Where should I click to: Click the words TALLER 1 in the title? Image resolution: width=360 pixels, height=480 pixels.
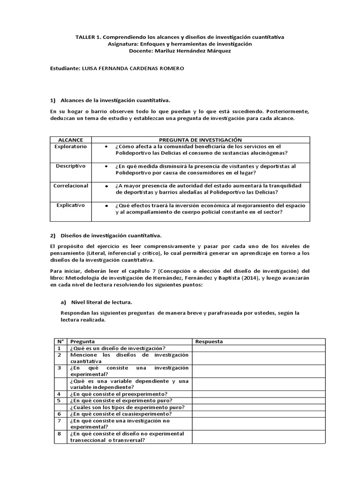point(87,36)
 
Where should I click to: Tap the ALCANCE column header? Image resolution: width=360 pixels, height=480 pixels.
point(70,140)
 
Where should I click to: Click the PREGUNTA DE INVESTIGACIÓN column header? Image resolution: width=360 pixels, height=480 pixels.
point(200,140)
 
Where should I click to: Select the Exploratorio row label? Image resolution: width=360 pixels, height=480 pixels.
point(70,147)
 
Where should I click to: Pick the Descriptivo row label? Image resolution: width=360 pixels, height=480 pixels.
point(70,166)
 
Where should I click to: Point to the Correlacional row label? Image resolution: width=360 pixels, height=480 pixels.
point(70,186)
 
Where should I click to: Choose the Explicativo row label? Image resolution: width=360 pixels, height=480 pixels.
point(70,205)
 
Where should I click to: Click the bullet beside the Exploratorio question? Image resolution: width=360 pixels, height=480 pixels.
point(107,147)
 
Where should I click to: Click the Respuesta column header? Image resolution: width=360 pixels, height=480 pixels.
point(209,341)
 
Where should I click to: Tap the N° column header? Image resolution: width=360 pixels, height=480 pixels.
point(60,341)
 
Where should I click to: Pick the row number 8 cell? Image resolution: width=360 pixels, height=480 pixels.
point(60,434)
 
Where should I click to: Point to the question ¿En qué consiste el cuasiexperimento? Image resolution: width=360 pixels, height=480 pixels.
point(120,414)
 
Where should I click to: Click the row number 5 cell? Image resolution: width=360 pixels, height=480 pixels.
point(60,401)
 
